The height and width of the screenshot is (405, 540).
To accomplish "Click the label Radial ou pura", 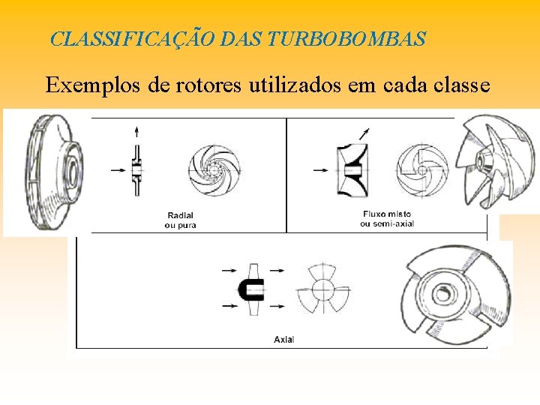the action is (x=180, y=220).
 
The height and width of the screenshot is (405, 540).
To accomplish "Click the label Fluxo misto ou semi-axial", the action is (x=385, y=218).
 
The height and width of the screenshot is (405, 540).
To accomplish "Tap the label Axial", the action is (x=284, y=339).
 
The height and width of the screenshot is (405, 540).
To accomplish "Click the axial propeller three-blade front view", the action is (x=322, y=288).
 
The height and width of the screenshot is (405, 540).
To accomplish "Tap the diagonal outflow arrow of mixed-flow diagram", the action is (x=364, y=134).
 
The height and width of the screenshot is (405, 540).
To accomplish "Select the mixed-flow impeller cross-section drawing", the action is (x=352, y=171).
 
